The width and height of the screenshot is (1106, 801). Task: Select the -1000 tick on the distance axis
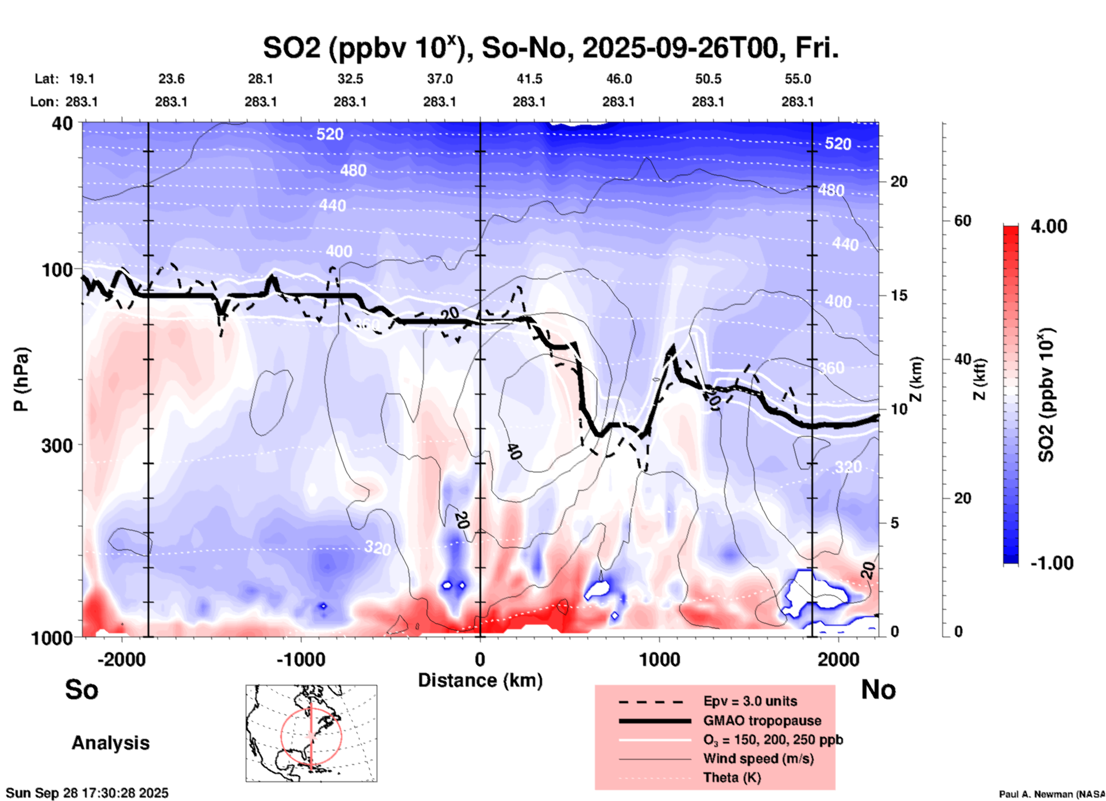tap(300, 660)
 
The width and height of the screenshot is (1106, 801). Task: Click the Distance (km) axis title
tap(480, 680)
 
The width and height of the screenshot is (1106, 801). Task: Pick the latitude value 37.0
tap(439, 79)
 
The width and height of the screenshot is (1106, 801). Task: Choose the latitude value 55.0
tap(797, 79)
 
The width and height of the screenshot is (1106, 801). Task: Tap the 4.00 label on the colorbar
tap(1049, 226)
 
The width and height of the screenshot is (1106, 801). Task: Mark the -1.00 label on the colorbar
tap(1051, 563)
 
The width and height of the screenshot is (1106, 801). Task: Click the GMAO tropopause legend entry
tap(762, 721)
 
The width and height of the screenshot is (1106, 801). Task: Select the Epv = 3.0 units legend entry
tap(750, 702)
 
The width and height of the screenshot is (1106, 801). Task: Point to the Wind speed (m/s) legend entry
tap(758, 759)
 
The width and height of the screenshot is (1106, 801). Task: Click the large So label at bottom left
tap(82, 690)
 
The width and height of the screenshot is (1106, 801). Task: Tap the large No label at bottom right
tap(878, 690)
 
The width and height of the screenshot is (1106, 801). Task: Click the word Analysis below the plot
tap(110, 743)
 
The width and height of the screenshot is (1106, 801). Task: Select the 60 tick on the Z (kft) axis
tap(962, 221)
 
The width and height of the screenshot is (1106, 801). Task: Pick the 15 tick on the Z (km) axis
tap(899, 295)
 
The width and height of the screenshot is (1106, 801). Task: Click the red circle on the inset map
tap(281, 735)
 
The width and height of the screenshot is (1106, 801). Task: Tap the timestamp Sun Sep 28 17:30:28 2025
tap(87, 793)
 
